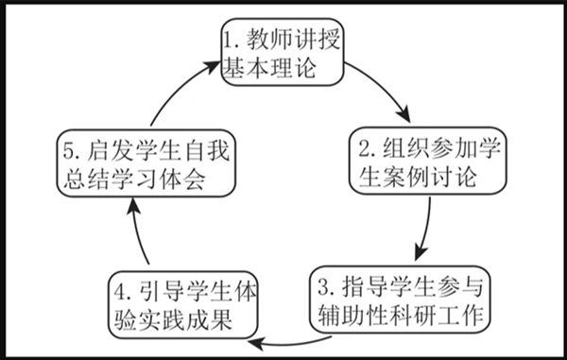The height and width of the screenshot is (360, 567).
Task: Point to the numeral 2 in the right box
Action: [365, 147]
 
